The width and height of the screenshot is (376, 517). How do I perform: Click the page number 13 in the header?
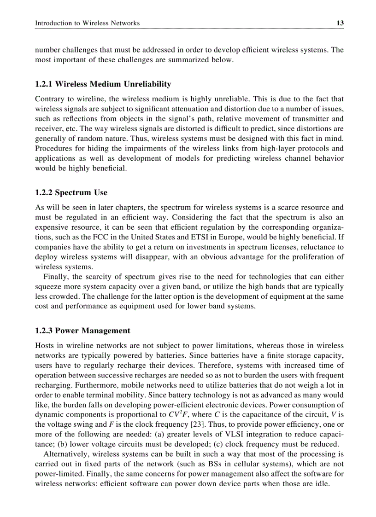click(x=340, y=23)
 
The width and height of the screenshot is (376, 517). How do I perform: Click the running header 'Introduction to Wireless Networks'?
click(x=88, y=23)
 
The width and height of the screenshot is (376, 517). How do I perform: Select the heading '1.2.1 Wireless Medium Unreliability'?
click(x=103, y=84)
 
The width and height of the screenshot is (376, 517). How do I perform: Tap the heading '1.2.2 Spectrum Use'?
click(x=71, y=193)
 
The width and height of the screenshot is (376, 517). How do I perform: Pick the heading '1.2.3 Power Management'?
click(x=82, y=331)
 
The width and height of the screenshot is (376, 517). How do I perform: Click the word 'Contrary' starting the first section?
click(x=49, y=99)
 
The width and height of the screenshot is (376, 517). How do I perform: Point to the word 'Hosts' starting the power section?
click(x=45, y=345)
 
